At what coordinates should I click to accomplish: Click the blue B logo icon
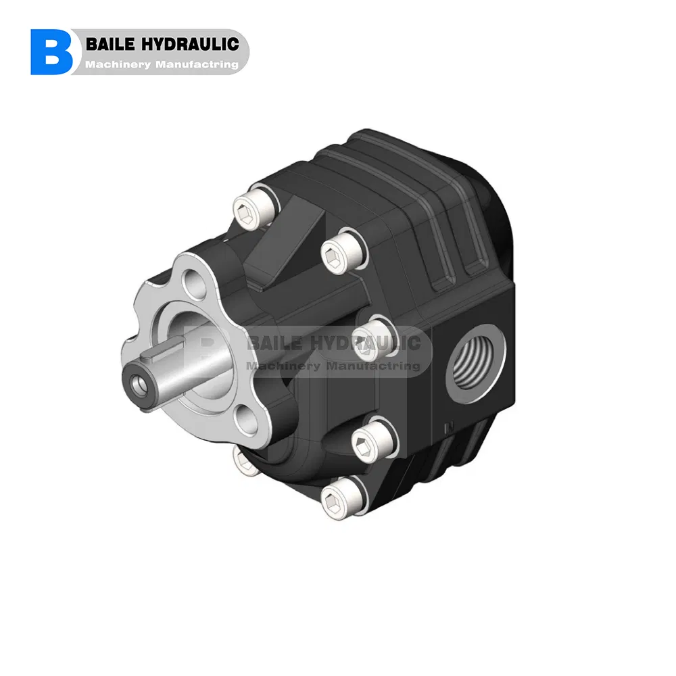(51, 52)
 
